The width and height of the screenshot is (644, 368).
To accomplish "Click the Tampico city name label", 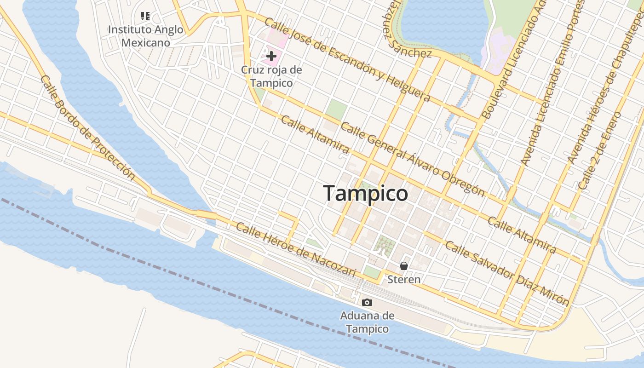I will coord(365,194).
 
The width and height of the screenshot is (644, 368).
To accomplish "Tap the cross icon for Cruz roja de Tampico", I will coord(271,57).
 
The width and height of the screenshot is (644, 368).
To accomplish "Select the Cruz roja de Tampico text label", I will coord(271,76).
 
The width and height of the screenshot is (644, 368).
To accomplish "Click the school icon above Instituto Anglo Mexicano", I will coord(145,17).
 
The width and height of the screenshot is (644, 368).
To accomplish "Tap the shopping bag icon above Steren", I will coord(404,266).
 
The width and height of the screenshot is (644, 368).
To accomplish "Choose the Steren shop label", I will coord(404,279).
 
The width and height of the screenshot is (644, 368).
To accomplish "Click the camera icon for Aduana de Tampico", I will coord(367,302).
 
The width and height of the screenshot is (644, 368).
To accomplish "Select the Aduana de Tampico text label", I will coord(367,322).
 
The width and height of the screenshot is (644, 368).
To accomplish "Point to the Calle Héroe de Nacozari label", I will coord(296,250).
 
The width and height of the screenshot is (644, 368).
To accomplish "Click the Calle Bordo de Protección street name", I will coord(87,127).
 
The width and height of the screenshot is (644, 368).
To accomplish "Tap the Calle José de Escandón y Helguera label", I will coord(347,60).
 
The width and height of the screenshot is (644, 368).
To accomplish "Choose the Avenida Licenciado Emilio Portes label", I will coord(552,83).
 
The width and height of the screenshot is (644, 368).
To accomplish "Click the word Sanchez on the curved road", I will coord(412,52).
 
